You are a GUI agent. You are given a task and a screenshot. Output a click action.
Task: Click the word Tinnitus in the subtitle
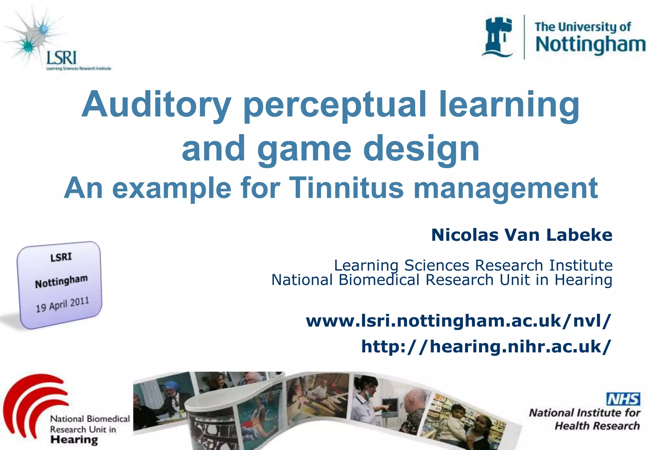[x=346, y=188]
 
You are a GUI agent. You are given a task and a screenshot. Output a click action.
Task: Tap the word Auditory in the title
[x=156, y=105]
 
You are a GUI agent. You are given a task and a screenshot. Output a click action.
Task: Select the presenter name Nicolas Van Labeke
[x=521, y=235]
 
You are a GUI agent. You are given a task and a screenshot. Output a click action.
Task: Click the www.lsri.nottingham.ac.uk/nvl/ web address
[x=458, y=321]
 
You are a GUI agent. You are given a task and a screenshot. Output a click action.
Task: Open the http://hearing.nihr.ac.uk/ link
[x=486, y=346]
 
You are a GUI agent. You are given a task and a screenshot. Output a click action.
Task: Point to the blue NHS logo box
[x=623, y=399]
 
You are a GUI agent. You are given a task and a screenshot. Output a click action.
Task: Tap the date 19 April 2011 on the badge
[x=62, y=304]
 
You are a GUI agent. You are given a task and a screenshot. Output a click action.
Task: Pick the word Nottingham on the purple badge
[x=61, y=281]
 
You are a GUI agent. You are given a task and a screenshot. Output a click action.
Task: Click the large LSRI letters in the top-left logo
[x=62, y=58]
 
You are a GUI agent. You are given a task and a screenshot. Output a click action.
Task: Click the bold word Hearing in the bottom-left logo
[x=74, y=440]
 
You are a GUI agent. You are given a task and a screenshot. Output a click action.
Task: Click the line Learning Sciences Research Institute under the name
[x=473, y=265]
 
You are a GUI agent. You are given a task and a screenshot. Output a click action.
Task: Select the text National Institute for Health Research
[x=584, y=419]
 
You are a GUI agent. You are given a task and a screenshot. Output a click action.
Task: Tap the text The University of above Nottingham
[x=583, y=27]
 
